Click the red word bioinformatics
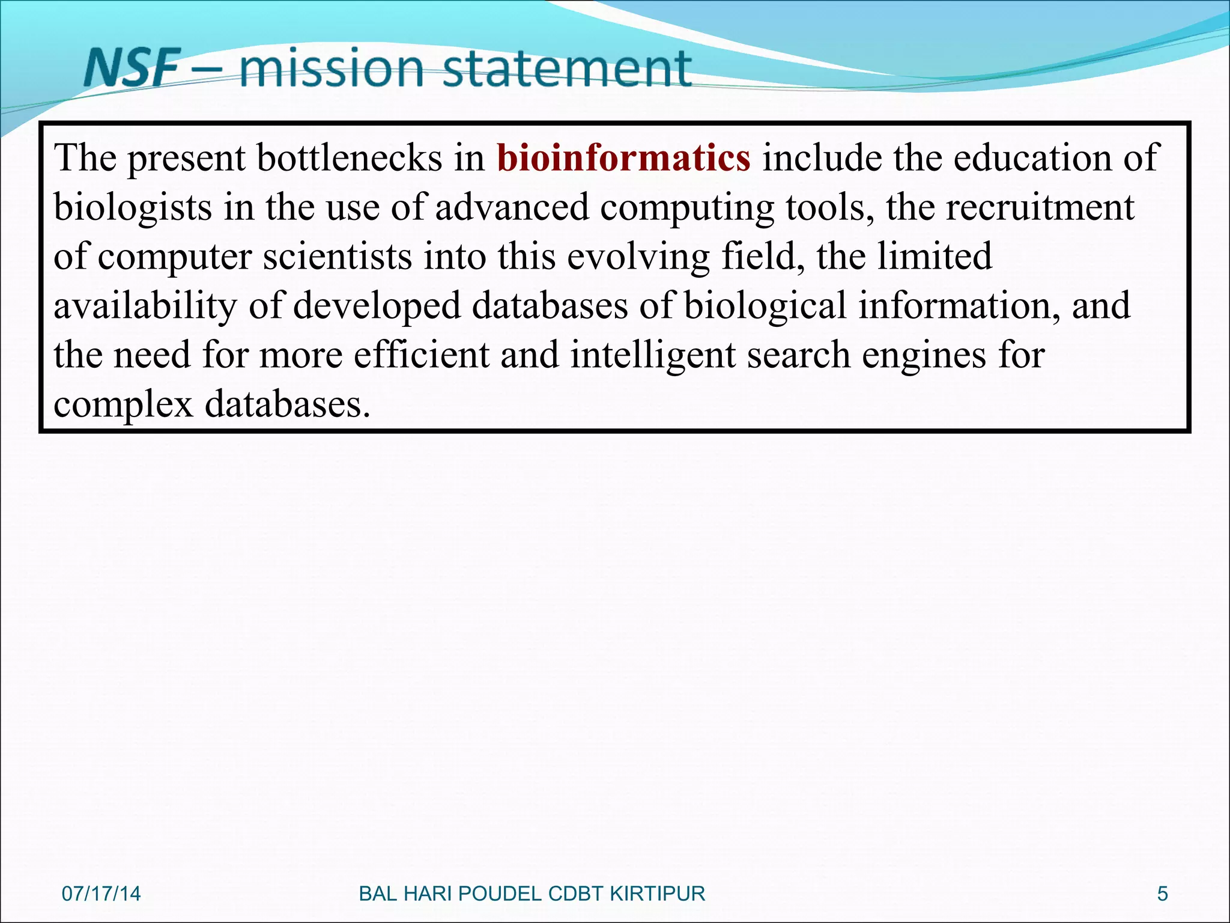coord(623,158)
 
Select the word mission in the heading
coord(332,68)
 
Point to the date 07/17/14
coord(101,894)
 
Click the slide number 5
coord(1162,894)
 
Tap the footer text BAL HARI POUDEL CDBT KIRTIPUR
coord(532,894)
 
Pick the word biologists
coord(133,207)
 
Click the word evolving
coord(638,257)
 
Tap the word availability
coord(145,306)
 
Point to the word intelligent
coord(653,355)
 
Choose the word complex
coord(123,404)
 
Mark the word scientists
coord(338,257)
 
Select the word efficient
coord(421,355)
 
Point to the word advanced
coord(512,207)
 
